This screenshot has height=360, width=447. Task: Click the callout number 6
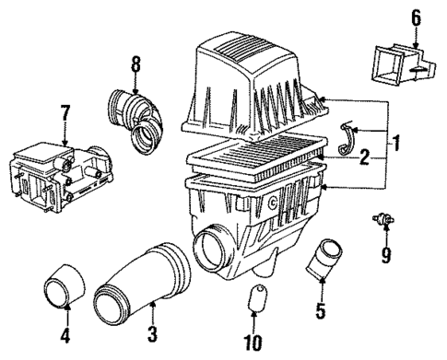(415, 17)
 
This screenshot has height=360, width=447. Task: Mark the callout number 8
(135, 64)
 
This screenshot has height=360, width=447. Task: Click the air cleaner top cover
(251, 87)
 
